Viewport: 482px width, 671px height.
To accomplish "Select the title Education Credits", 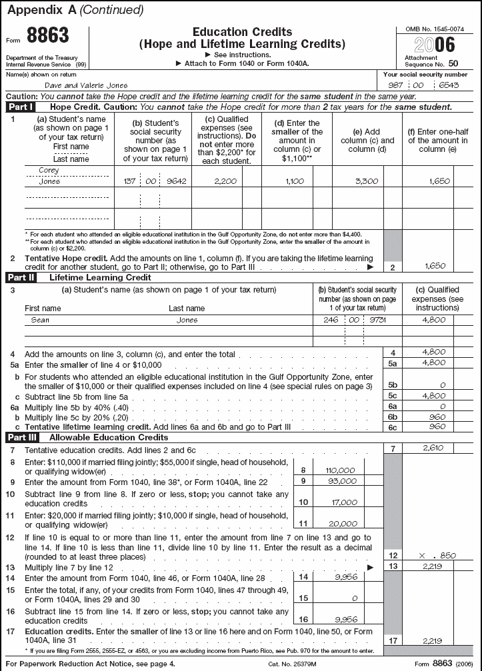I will pyautogui.click(x=242, y=32).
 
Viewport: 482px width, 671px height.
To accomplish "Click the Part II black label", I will pyautogui.click(x=22, y=277).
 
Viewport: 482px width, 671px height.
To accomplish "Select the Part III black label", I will pyautogui.click(x=23, y=438).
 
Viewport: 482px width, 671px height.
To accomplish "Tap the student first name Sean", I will pyautogui.click(x=41, y=320).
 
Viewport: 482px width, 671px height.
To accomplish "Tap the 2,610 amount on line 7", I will pyautogui.click(x=433, y=448).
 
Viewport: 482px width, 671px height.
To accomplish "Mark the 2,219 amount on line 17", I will pyautogui.click(x=433, y=640).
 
